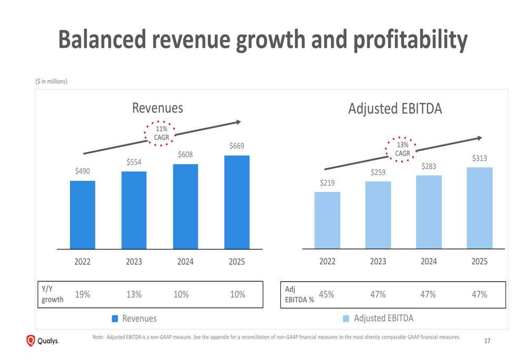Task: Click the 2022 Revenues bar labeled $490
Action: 83,214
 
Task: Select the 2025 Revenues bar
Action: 237,202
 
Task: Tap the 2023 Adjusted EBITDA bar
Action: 378,215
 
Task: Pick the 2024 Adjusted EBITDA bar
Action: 429,212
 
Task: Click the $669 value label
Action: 237,146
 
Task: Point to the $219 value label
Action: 327,182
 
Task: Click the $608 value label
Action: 185,155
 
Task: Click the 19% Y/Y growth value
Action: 82,295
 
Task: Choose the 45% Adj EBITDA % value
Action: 327,295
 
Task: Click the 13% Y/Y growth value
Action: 134,295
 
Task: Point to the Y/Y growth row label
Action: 52,294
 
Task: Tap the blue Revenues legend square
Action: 116,318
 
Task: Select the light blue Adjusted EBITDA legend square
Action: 346,318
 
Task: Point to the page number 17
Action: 487,341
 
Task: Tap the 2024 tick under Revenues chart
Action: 185,262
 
